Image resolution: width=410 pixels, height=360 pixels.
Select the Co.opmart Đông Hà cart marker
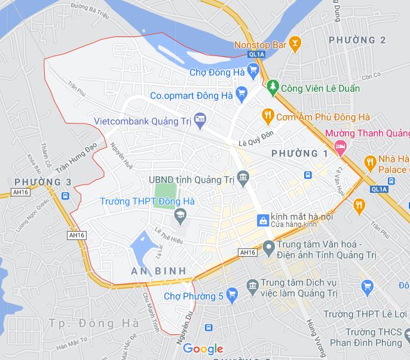pos(241,94)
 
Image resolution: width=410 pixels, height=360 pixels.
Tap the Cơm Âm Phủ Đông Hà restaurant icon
pos(268,116)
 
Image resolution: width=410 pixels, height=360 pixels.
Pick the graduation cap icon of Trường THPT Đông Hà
pos(179,214)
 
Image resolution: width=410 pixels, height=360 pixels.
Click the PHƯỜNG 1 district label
pos(299,154)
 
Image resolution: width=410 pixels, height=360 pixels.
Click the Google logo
pos(203,349)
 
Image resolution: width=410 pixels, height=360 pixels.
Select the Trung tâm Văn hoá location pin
pos(269,246)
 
